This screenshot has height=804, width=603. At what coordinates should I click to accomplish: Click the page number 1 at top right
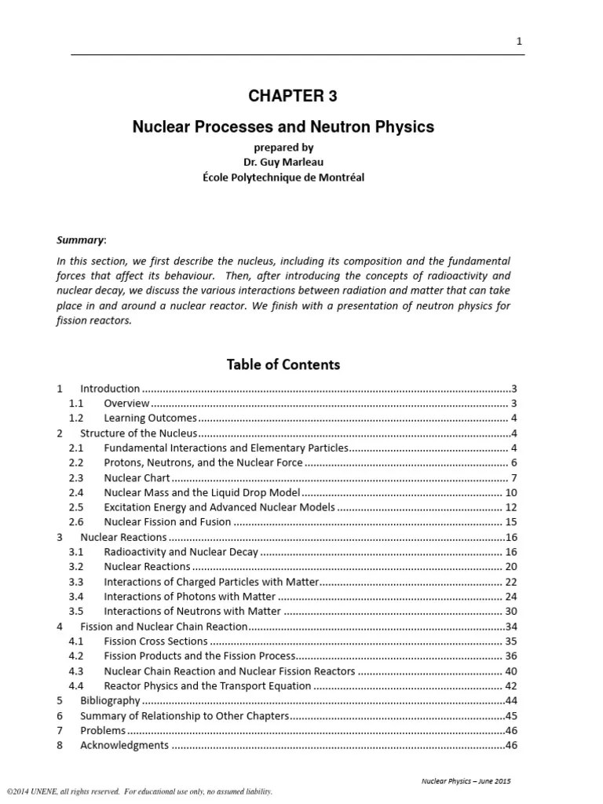point(519,42)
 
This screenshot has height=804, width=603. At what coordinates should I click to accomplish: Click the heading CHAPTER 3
point(293,97)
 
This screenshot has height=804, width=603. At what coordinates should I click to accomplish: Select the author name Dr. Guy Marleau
point(294,162)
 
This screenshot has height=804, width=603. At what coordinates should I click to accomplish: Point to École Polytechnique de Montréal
point(294,177)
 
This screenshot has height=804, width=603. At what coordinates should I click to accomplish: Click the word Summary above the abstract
point(80,239)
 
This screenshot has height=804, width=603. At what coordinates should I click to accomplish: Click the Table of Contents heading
point(283,364)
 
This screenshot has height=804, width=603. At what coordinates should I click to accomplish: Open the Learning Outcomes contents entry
point(150,418)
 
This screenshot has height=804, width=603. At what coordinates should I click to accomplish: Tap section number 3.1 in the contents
point(76,552)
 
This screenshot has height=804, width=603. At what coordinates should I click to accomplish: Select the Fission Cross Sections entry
point(155,641)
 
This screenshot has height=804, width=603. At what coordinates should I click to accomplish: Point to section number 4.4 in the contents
point(76,685)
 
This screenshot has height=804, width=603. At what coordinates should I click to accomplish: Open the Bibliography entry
point(110,700)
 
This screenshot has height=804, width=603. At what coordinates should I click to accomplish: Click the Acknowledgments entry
point(124,745)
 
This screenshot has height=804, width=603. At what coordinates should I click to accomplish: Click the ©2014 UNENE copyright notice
point(140,791)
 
